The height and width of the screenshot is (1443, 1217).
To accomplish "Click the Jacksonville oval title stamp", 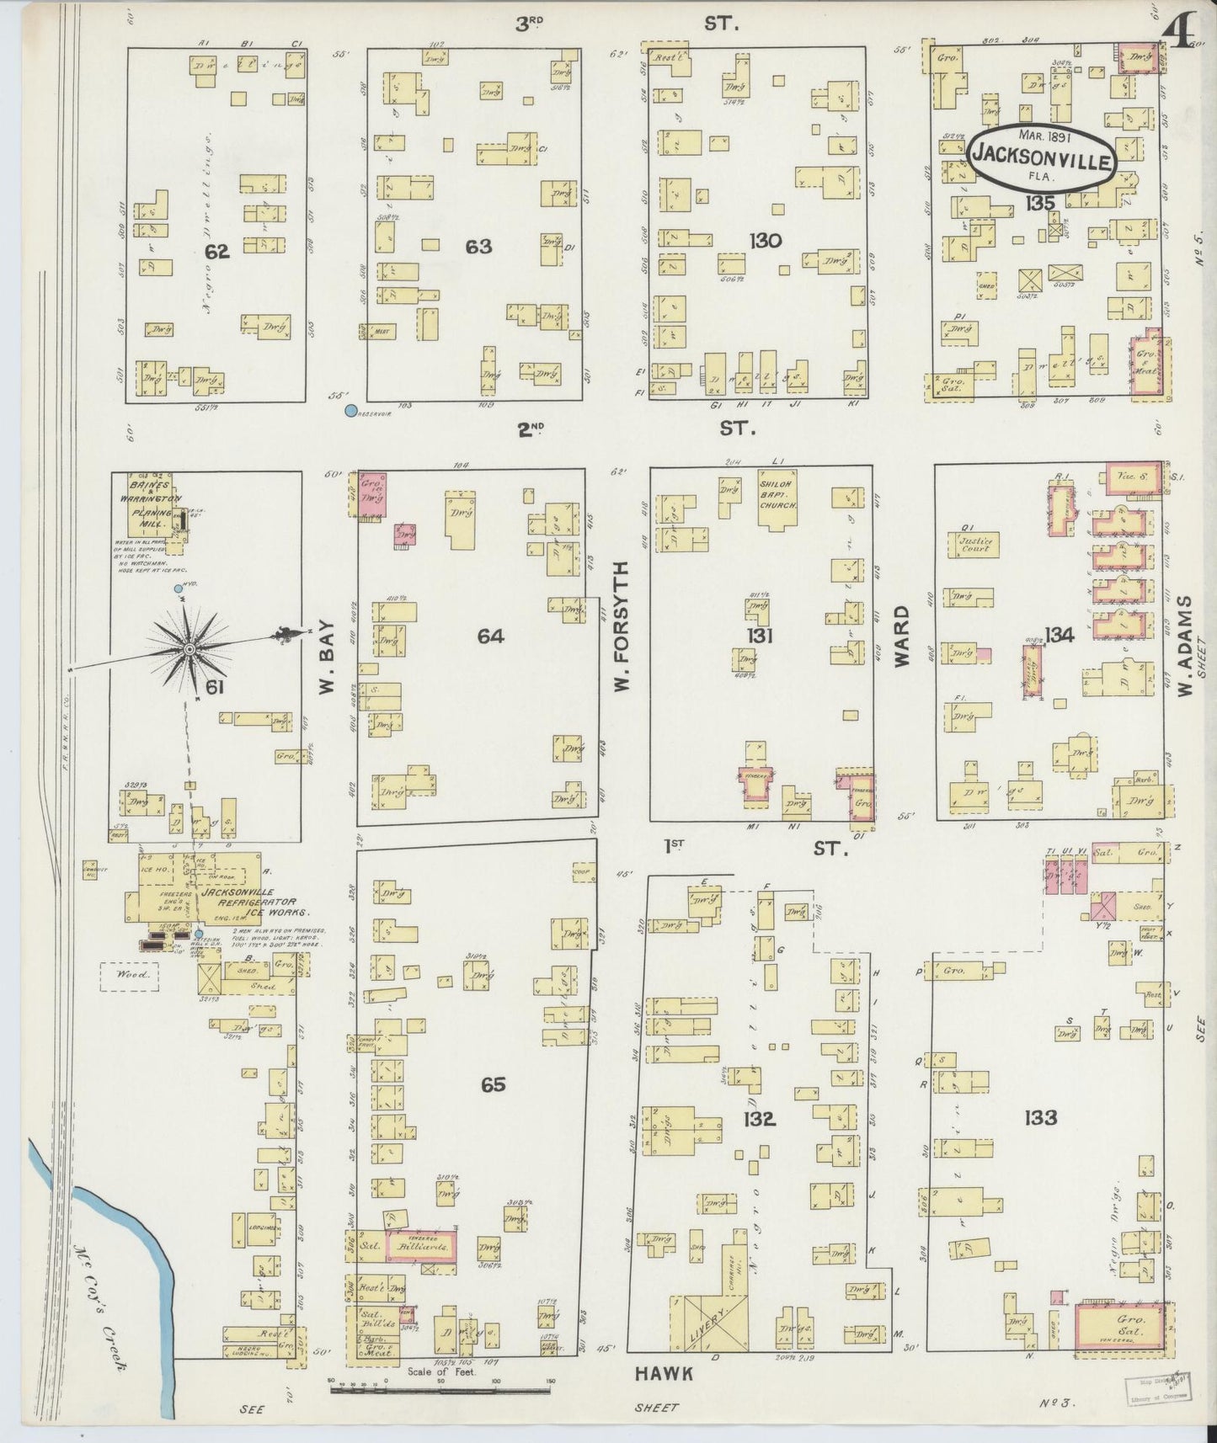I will pyautogui.click(x=1042, y=156).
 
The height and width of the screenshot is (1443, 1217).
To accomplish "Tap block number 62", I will pyautogui.click(x=217, y=251).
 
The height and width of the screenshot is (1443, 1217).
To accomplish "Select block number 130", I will pyautogui.click(x=765, y=242).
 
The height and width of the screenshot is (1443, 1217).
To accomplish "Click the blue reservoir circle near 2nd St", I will pyautogui.click(x=350, y=411).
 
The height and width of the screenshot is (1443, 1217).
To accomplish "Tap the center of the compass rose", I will pyautogui.click(x=190, y=649).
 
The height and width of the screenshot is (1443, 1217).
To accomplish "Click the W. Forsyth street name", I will pyautogui.click(x=622, y=640).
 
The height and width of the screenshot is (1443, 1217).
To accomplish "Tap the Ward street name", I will pyautogui.click(x=903, y=636).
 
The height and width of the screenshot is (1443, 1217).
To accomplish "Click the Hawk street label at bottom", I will pyautogui.click(x=665, y=1373).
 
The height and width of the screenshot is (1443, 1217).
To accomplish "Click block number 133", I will pyautogui.click(x=1041, y=1117).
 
